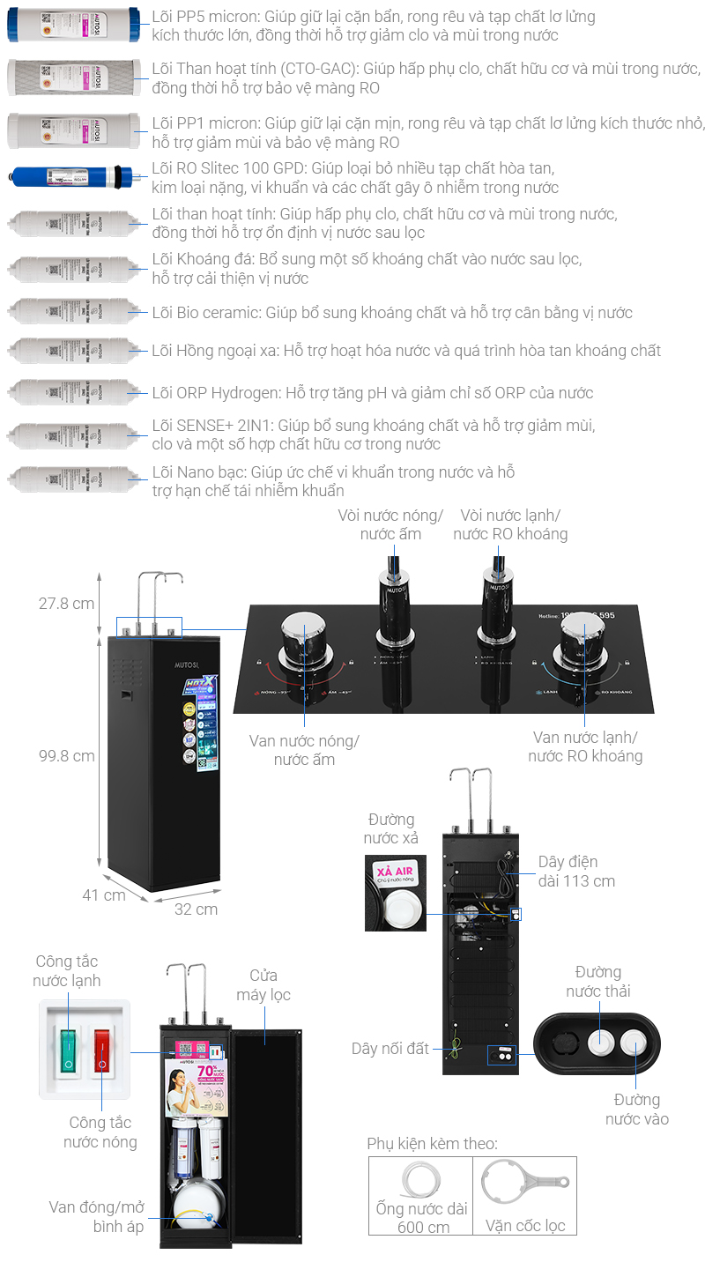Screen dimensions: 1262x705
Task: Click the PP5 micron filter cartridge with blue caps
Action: tap(72, 25)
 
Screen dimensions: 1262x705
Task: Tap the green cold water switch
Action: tap(68, 1048)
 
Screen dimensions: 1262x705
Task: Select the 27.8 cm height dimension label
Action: tap(66, 604)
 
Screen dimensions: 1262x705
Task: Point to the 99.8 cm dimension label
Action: tap(66, 755)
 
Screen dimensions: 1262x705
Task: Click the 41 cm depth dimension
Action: tap(104, 895)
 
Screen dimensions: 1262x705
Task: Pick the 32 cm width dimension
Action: tap(196, 909)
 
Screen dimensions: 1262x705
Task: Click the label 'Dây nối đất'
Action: tap(390, 1049)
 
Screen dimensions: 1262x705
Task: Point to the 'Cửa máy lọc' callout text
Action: tap(263, 985)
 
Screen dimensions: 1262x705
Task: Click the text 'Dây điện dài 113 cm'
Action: tap(576, 871)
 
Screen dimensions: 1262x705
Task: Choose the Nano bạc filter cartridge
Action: tap(72, 480)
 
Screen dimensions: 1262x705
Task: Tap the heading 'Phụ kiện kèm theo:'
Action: tap(432, 1144)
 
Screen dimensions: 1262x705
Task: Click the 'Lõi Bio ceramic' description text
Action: tap(391, 313)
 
